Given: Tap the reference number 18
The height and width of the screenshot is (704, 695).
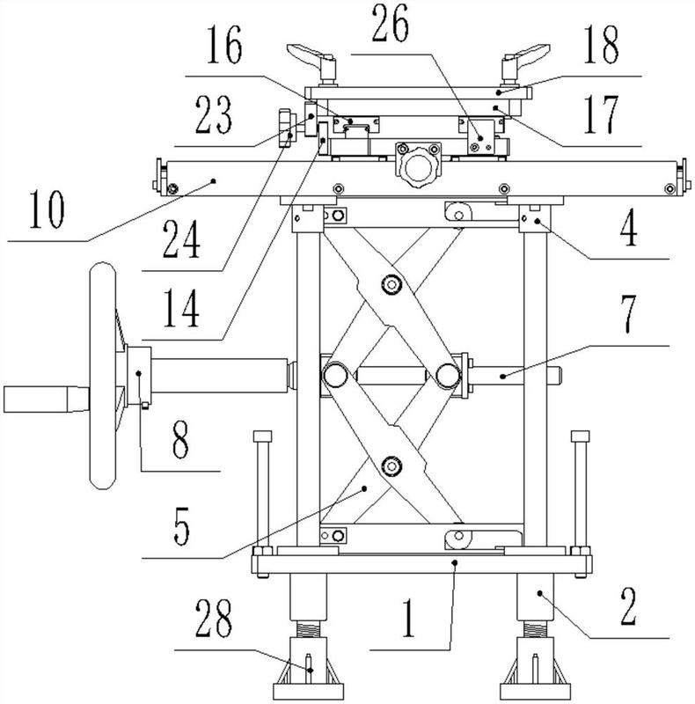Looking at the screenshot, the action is tap(601, 45).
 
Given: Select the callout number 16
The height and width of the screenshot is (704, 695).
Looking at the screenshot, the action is tap(224, 45).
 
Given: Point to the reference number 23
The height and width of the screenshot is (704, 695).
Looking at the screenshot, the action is tap(214, 116).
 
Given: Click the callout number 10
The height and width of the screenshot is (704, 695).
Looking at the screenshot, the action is tap(47, 209).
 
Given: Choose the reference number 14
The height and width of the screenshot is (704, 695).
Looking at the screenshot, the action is tap(181, 309).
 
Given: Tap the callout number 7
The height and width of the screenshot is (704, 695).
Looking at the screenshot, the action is tap(627, 315).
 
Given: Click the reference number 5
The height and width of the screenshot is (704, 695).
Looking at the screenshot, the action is tap(181, 527).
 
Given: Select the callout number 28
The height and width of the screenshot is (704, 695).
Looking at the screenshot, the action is tap(214, 619).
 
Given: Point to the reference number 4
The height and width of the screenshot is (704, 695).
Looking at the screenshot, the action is tap(628, 227).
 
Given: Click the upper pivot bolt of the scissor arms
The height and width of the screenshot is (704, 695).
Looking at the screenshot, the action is tap(391, 284).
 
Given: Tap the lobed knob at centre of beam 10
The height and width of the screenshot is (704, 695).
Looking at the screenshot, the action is tap(418, 167).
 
